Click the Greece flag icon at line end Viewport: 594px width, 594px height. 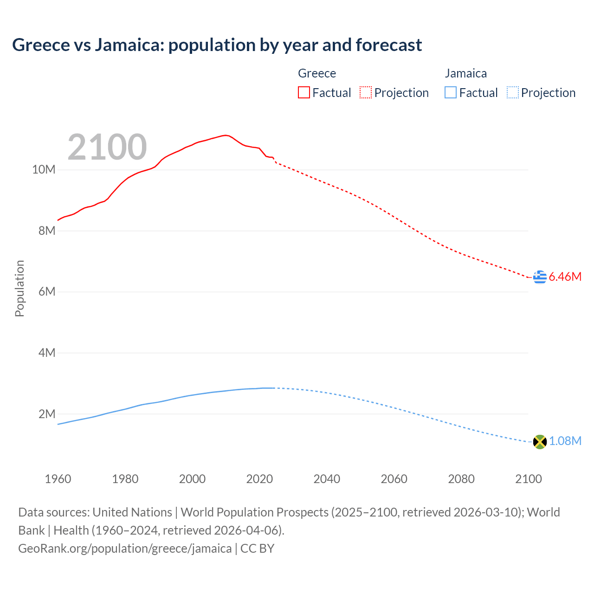coord(540,277)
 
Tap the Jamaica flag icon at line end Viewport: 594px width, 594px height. coord(540,442)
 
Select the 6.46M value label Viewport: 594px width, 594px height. coord(565,277)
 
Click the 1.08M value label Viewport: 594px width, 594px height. coord(565,441)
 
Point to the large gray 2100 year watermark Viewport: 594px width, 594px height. coord(107,147)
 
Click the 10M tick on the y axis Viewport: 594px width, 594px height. coord(44,170)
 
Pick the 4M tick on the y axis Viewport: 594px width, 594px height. coord(46,353)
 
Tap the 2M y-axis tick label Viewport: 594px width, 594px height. coord(46,414)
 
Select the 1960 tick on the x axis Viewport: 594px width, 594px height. coord(58,479)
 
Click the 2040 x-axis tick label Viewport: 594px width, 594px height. coord(327,479)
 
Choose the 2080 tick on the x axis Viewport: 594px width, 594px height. coord(461,479)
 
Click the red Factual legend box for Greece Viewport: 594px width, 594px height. coord(304,93)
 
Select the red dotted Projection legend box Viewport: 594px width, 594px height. coord(366,93)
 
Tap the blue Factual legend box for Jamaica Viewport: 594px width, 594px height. coord(451,93)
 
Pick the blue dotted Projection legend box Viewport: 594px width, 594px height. coord(513,93)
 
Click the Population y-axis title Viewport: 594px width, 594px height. coord(19,288)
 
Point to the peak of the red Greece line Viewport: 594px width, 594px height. coord(225,136)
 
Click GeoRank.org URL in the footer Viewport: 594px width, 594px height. coord(125,549)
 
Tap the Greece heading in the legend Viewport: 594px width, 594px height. coord(317,73)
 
